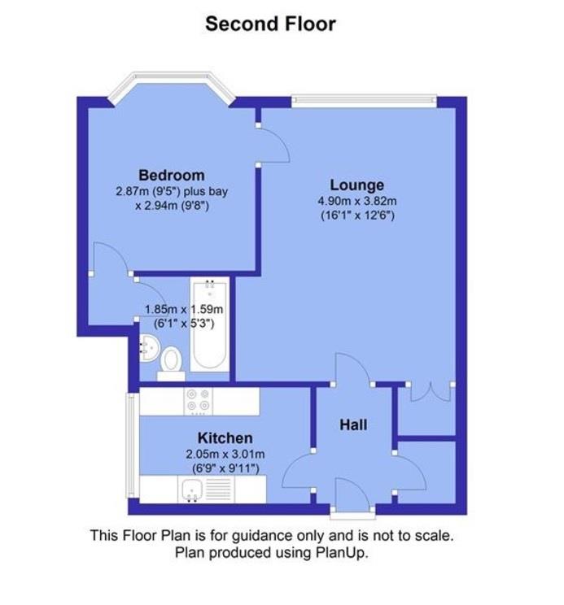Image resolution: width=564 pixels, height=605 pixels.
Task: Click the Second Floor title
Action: point(270,24)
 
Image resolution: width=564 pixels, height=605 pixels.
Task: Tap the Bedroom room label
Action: point(171,175)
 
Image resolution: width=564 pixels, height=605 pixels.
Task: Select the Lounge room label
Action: point(356,185)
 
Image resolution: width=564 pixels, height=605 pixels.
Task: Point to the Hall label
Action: point(353,424)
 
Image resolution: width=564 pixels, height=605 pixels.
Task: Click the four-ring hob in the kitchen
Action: point(198,399)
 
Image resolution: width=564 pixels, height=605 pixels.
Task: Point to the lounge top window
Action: point(364,102)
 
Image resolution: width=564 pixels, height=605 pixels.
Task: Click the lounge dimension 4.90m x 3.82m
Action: point(356,202)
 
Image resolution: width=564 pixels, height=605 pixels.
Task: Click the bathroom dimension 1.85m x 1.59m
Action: point(184,309)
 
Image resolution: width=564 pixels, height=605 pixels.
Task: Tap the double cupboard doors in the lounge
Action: point(430,391)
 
